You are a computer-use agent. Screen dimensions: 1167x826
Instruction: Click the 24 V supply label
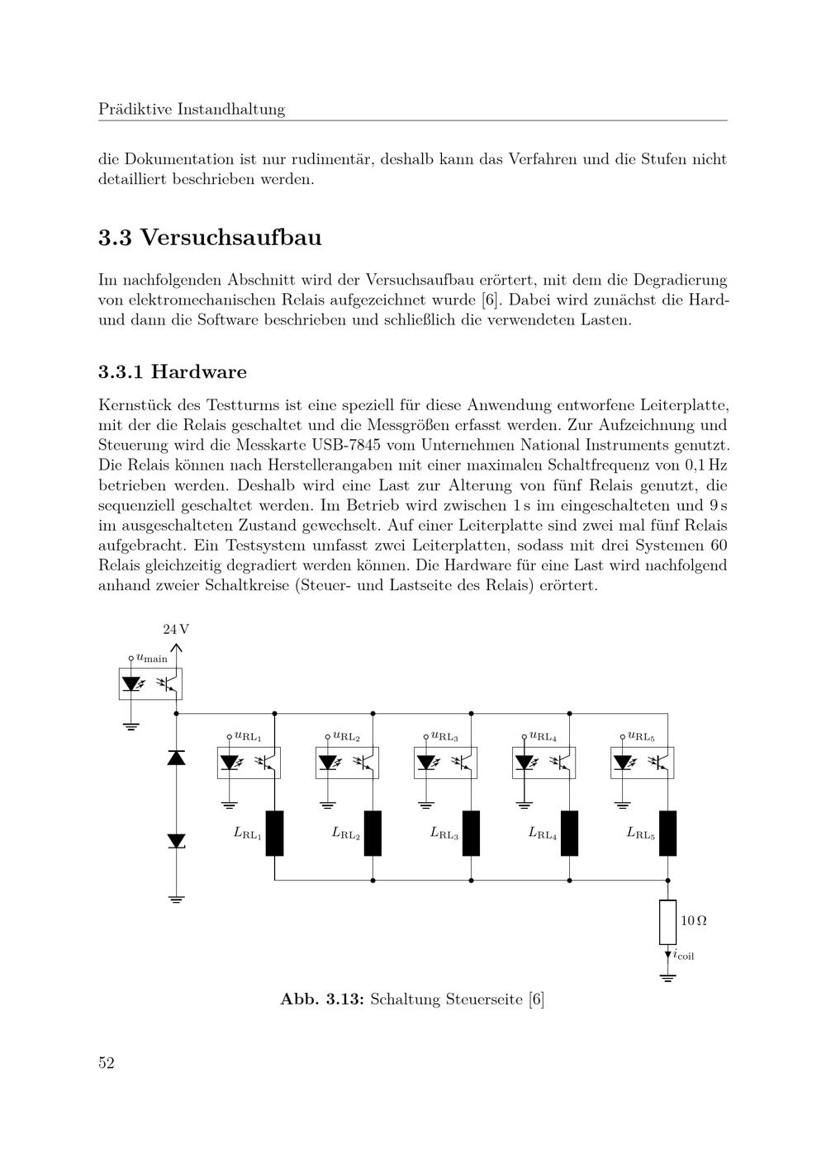click(175, 629)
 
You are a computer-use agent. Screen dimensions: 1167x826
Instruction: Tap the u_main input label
click(152, 659)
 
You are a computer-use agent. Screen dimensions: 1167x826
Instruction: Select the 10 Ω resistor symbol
click(667, 922)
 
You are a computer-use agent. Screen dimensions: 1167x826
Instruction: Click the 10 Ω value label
click(693, 920)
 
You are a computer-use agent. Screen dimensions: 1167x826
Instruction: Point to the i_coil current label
click(683, 956)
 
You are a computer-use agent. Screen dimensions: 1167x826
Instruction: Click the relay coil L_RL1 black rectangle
click(274, 834)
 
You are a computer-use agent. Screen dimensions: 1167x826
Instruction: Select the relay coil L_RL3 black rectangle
click(471, 834)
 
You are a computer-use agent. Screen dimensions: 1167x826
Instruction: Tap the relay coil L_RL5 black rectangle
click(667, 834)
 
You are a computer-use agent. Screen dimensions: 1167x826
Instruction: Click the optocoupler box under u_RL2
click(348, 763)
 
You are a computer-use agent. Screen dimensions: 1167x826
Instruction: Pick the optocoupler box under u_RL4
click(544, 763)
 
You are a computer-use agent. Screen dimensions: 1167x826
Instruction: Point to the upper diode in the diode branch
click(176, 758)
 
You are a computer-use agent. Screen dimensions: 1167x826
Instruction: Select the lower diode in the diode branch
click(176, 840)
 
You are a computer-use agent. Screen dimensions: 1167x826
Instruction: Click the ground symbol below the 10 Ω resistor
click(667, 979)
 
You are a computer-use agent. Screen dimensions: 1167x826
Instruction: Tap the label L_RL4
click(543, 834)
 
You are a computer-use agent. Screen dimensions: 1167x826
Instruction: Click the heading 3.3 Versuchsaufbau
click(210, 238)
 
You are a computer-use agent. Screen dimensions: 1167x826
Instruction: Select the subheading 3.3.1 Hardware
click(173, 371)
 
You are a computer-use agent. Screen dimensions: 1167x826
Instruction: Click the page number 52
click(107, 1063)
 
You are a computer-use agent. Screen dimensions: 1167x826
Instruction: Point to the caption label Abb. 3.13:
click(322, 999)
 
